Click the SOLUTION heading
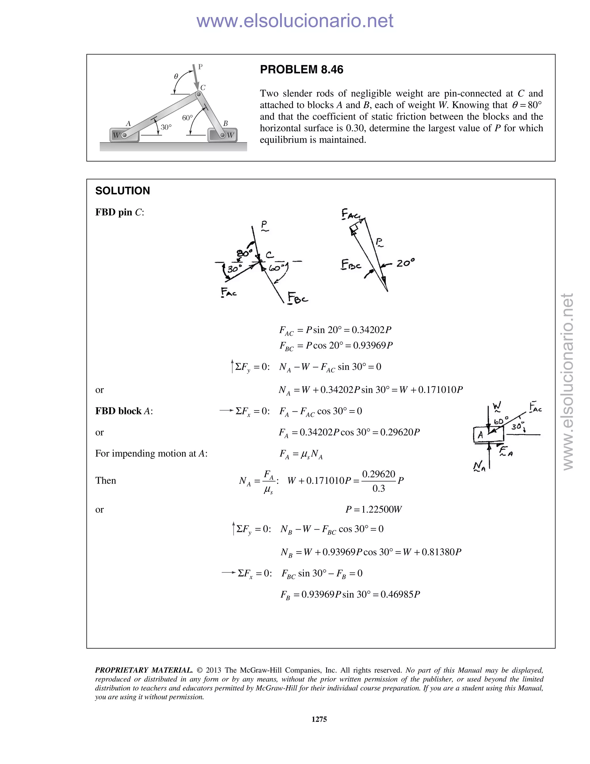122,191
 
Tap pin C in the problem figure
198,94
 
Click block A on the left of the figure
124,135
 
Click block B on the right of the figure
223,135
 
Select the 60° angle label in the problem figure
187,118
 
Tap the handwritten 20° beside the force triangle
405,263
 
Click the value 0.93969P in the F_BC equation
372,345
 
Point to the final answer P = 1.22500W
374,509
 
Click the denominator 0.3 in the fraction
379,488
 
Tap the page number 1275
319,719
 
